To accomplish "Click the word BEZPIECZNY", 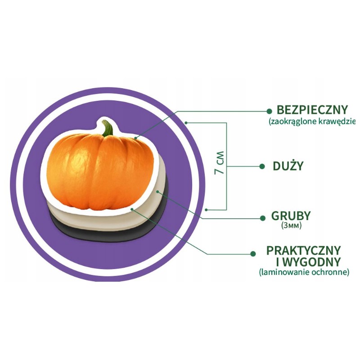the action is click(312, 110).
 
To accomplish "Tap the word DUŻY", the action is click(288, 166).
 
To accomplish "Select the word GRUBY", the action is click(291, 216).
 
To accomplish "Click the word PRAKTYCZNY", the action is click(303, 251).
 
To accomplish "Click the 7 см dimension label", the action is click(219, 162).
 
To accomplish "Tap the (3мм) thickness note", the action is click(291, 226).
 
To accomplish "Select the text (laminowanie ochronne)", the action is click(304, 272).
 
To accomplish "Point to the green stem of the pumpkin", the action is click(108, 128).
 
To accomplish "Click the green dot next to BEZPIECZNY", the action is click(269, 111).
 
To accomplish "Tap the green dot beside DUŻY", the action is click(262, 166).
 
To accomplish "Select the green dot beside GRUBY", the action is click(263, 218).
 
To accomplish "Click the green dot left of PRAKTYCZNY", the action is click(253, 254).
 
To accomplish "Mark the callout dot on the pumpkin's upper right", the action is click(136, 138).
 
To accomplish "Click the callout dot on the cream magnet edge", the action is click(157, 191).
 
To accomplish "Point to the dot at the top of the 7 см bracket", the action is click(186, 123).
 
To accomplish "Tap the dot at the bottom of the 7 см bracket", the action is click(207, 210).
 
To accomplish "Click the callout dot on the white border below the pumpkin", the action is click(132, 209).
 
